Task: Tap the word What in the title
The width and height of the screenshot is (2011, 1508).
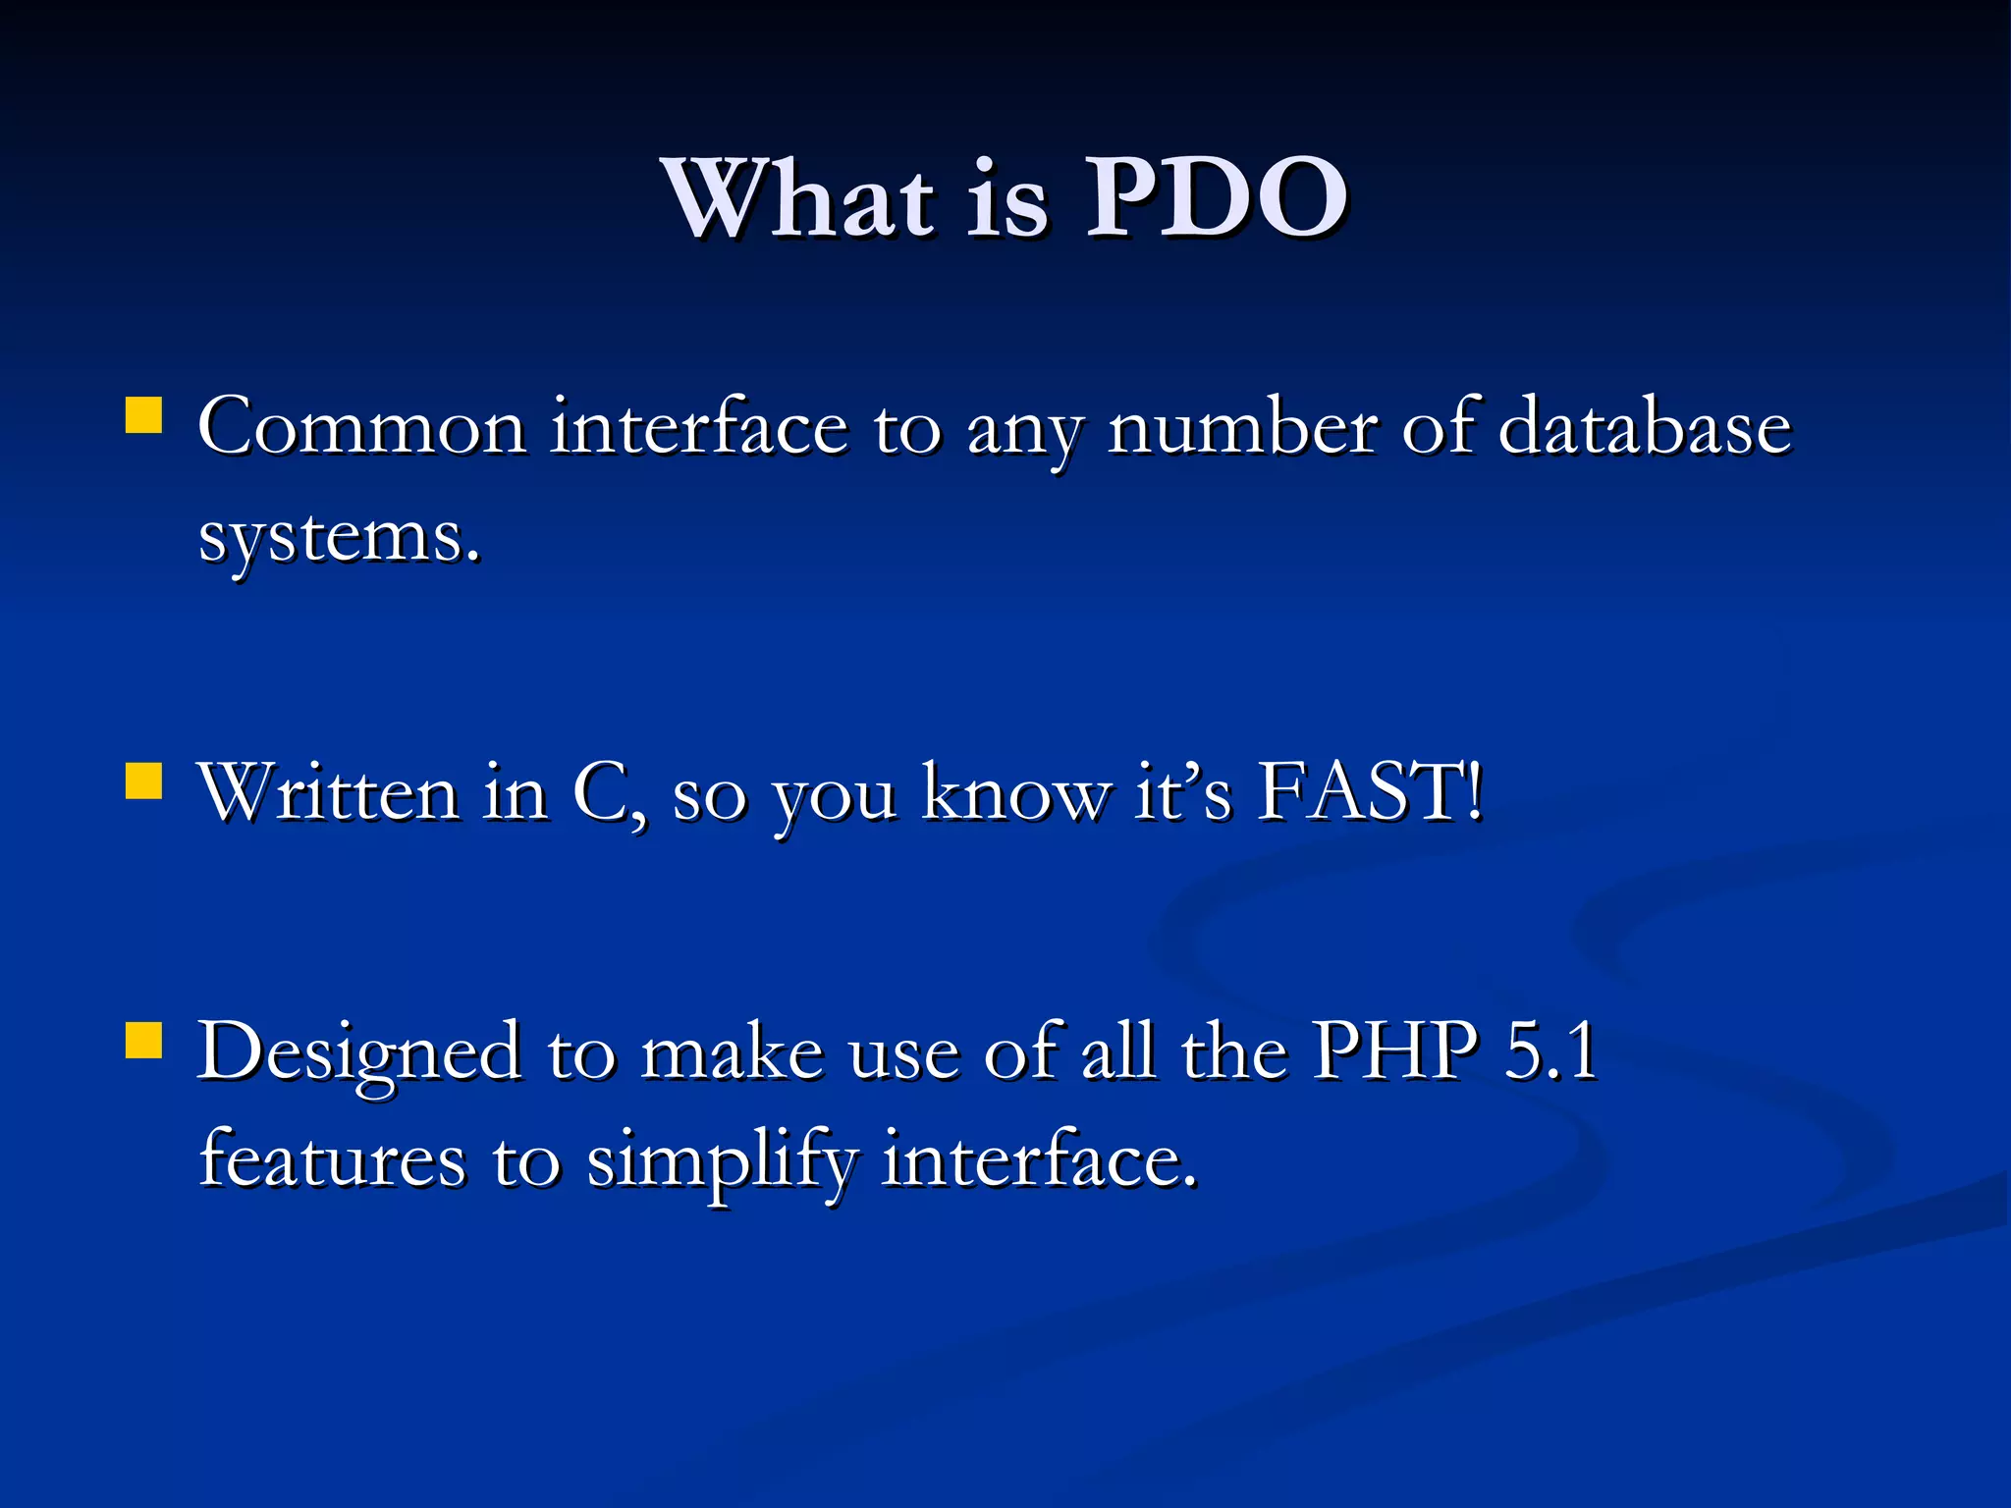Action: (800, 198)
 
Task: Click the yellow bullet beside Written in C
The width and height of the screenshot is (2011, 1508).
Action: (143, 782)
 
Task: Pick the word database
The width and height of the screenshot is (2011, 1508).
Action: (1645, 428)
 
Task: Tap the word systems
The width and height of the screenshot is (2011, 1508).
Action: (339, 537)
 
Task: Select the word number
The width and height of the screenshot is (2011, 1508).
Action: (1243, 428)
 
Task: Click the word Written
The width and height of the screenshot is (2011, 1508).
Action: (329, 792)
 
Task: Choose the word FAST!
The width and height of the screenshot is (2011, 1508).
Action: (1370, 792)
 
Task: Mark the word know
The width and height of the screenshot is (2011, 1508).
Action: (1015, 792)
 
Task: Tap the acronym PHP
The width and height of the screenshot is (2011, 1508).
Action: (1395, 1051)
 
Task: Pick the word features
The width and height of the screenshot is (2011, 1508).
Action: (332, 1159)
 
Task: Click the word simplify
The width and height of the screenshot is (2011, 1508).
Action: (721, 1161)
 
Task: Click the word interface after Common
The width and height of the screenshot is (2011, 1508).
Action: (698, 428)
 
